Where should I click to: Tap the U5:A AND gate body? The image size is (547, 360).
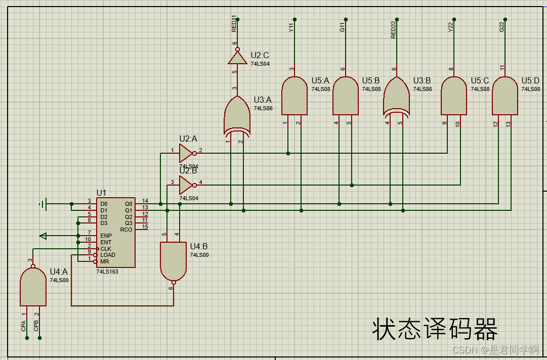[x=294, y=96]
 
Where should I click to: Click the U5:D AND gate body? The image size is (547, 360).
[x=505, y=96]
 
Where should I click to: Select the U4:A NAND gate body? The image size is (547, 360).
[x=33, y=287]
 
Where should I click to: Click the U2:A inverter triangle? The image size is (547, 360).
[x=186, y=153]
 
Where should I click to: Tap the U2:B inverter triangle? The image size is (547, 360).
[x=186, y=185]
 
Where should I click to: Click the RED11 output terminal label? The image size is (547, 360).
[x=234, y=25]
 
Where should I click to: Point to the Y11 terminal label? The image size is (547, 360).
[x=291, y=27]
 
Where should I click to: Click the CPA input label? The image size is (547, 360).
[x=23, y=326]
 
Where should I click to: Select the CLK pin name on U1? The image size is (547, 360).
[x=106, y=249]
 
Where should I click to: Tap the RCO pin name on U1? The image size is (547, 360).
[x=126, y=230]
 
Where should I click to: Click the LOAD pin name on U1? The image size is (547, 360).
[x=108, y=255]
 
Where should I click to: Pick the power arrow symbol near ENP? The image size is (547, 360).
[x=44, y=236]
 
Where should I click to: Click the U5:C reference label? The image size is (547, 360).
[x=480, y=80]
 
